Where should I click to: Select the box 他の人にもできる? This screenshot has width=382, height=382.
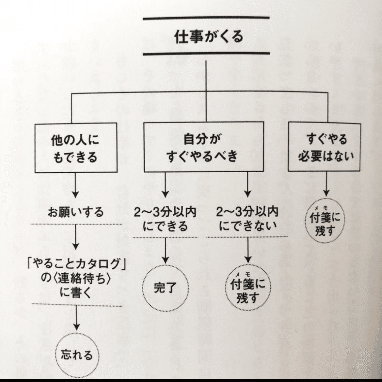tap(76, 148)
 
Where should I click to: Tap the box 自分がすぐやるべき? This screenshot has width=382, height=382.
tap(204, 147)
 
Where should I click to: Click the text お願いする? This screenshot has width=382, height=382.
tap(75, 212)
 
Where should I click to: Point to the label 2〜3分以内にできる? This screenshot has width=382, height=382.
tap(165, 218)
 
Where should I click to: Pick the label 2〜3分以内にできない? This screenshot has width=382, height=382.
tap(247, 218)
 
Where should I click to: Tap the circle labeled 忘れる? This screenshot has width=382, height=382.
tap(76, 355)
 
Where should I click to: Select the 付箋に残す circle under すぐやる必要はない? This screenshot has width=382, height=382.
tap(325, 223)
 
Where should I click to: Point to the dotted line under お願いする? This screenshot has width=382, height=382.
tap(76, 224)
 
